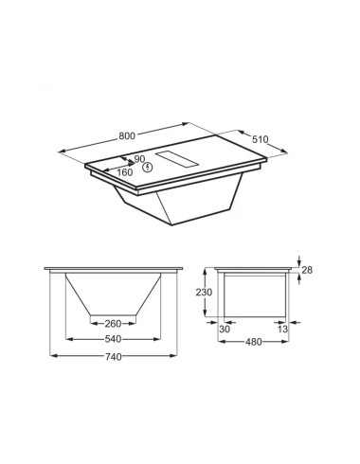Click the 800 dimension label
point(127,135)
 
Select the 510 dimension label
point(260,139)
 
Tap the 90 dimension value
point(139,159)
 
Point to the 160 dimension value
point(124,172)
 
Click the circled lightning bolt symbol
point(148,168)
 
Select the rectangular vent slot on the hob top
point(177,159)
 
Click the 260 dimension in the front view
point(113,324)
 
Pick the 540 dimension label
point(113,339)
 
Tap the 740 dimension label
point(114,357)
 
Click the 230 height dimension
point(204,293)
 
